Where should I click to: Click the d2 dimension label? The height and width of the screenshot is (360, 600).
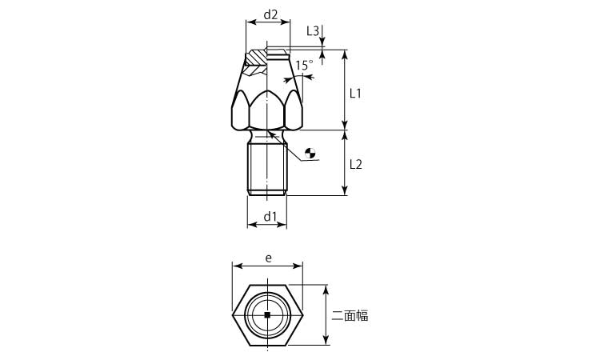point(270,15)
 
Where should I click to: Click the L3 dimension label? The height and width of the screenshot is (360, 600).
point(313,31)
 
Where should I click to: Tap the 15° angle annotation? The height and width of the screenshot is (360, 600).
point(304,65)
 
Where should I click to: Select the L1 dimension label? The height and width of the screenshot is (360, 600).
point(355,93)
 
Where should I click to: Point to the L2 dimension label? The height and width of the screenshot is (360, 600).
point(355,164)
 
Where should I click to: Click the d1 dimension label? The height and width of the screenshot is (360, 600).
point(270,217)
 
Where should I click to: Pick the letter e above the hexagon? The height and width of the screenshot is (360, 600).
point(269,258)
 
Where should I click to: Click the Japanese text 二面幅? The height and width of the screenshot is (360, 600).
point(350,315)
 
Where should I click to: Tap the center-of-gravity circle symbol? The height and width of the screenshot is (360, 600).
point(310,153)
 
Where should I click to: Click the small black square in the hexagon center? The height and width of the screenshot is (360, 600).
point(267,315)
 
